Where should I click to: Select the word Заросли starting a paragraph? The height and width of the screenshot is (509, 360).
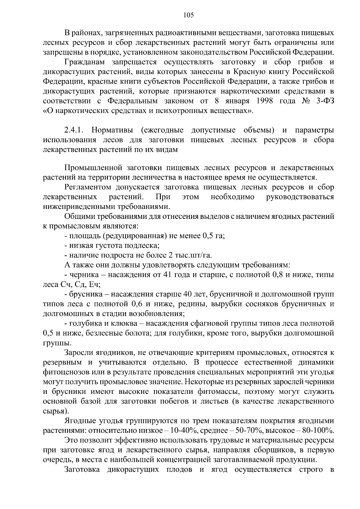pos(79,353)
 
